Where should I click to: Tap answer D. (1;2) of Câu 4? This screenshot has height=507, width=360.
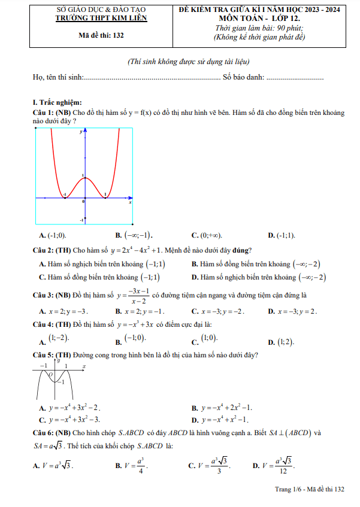tap(281, 342)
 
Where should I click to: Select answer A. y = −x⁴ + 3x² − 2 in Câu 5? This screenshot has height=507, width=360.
tap(69, 407)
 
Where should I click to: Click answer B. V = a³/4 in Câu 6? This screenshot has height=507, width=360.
tap(131, 465)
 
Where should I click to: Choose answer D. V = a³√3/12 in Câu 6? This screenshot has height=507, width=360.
tap(274, 465)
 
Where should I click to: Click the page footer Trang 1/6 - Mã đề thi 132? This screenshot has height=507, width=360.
tap(310, 490)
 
